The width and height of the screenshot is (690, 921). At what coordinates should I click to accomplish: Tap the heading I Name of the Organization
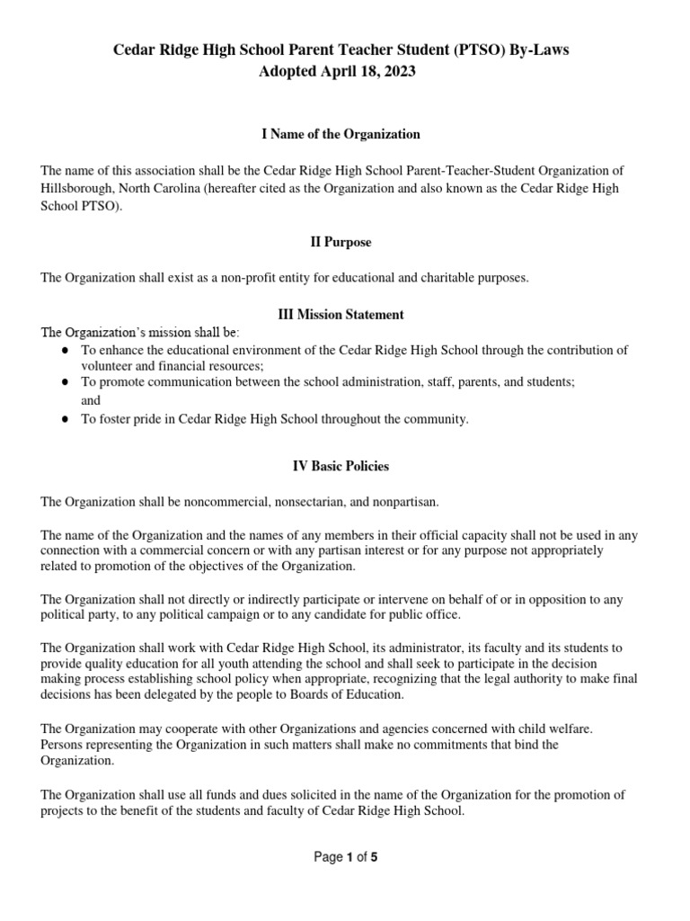tap(341, 134)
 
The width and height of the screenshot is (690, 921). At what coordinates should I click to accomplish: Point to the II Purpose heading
tap(341, 242)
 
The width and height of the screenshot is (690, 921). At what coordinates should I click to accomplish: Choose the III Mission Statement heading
tap(341, 315)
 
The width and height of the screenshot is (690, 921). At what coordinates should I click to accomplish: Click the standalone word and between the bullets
tap(91, 400)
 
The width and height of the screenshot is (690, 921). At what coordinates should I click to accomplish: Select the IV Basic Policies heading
tap(341, 467)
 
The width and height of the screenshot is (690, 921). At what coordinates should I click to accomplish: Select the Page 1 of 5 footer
tap(345, 857)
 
